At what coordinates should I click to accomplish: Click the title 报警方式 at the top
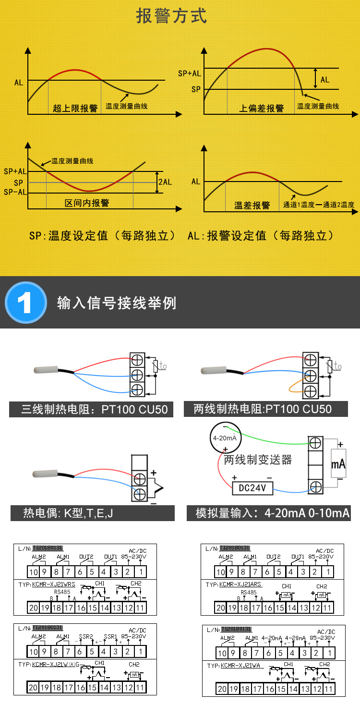tap(172, 16)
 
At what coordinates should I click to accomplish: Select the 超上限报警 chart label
tap(75, 109)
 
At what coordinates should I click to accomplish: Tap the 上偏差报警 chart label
tap(262, 109)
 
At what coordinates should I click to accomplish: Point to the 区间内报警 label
tap(87, 203)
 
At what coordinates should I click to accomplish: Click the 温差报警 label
tap(252, 206)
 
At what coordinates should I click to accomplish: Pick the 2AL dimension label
tap(165, 182)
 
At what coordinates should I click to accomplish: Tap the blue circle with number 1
tap(25, 302)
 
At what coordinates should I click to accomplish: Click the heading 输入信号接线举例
tap(117, 303)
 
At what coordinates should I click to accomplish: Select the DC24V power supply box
tap(252, 488)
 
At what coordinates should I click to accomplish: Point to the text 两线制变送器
tap(258, 460)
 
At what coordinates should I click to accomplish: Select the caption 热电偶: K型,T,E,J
tap(68, 513)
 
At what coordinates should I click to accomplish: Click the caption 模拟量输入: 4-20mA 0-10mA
tap(273, 513)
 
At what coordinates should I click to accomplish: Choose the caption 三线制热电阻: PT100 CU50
tap(95, 410)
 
